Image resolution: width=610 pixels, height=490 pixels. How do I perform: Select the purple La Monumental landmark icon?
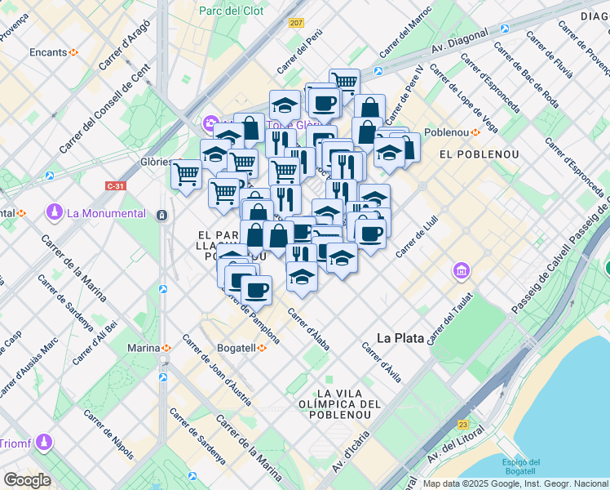click(x=55, y=213)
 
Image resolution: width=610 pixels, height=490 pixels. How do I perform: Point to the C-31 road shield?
click(x=115, y=185)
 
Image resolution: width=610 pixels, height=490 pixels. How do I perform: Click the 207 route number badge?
click(x=295, y=22)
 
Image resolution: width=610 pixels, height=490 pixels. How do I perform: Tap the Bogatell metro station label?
click(x=236, y=348)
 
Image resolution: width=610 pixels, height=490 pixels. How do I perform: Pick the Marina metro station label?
click(x=144, y=348)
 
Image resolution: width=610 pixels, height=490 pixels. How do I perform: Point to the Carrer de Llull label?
click(x=413, y=243)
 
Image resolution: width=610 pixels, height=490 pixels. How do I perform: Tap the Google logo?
click(x=27, y=480)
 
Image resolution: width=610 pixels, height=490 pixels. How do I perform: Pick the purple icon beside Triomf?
click(x=42, y=442)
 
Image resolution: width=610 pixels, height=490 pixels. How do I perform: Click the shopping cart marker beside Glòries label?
click(x=187, y=174)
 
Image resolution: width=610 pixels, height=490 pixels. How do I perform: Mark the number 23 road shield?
click(x=464, y=424)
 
